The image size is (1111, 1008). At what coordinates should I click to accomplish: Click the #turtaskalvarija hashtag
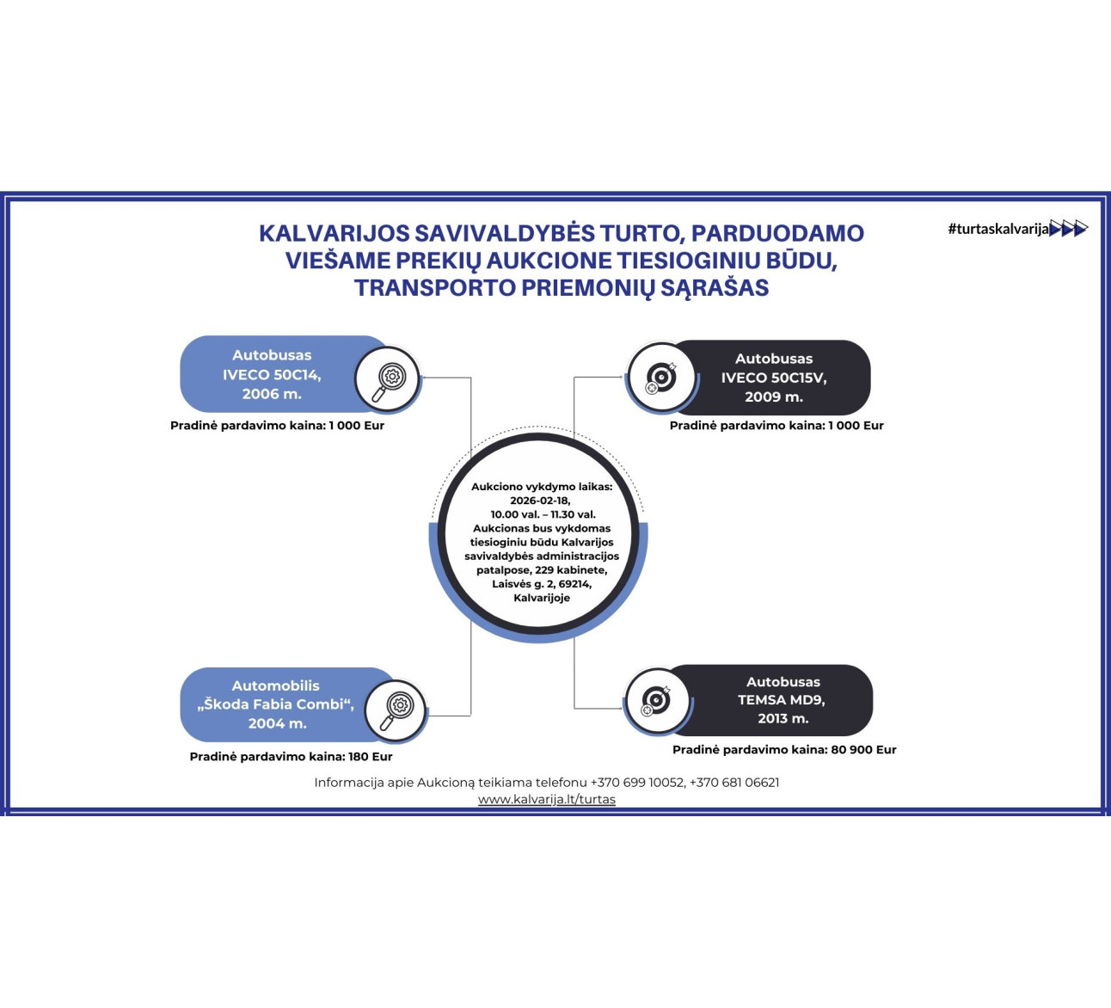pyautogui.click(x=998, y=229)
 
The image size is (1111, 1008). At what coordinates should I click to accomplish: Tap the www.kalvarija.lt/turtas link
pyautogui.click(x=547, y=799)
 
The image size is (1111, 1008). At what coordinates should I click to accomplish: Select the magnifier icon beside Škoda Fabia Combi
pyautogui.click(x=397, y=711)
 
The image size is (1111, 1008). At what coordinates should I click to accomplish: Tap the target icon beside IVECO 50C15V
pyautogui.click(x=661, y=378)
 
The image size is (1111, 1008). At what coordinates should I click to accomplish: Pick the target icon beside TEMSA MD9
pyautogui.click(x=656, y=701)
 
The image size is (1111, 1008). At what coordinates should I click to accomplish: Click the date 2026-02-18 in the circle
pyautogui.click(x=540, y=501)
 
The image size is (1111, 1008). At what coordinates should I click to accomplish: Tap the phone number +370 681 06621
pyautogui.click(x=734, y=783)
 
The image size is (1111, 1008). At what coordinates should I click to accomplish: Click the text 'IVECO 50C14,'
pyautogui.click(x=272, y=375)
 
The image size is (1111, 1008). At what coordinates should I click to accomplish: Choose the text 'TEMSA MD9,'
pyautogui.click(x=781, y=700)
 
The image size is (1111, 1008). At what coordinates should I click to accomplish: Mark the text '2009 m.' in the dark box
pyautogui.click(x=774, y=396)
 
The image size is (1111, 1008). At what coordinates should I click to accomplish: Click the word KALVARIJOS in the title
pyautogui.click(x=334, y=233)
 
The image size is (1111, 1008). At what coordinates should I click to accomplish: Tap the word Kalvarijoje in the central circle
pyautogui.click(x=542, y=598)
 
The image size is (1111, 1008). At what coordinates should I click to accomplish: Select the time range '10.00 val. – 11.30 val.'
pyautogui.click(x=543, y=514)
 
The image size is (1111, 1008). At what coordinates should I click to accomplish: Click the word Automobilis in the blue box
pyautogui.click(x=275, y=685)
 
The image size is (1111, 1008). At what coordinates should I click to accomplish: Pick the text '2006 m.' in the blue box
pyautogui.click(x=272, y=394)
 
